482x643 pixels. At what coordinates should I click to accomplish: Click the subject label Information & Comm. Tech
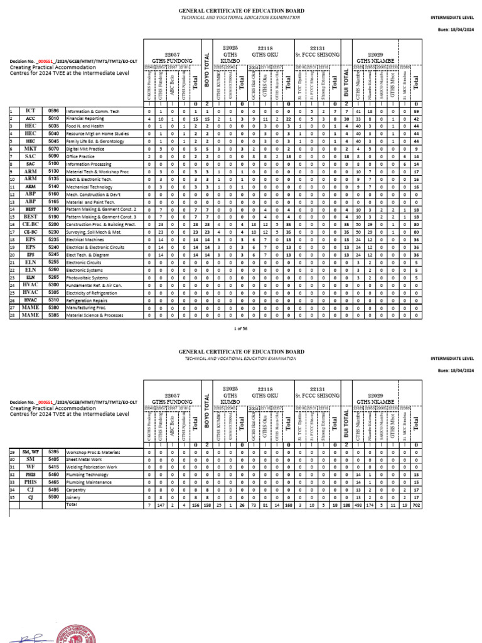(x=92, y=111)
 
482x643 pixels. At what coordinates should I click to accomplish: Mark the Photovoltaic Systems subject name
(x=87, y=278)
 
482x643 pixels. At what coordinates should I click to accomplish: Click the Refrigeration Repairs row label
(x=87, y=300)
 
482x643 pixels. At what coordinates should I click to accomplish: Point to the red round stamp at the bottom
(x=76, y=634)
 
